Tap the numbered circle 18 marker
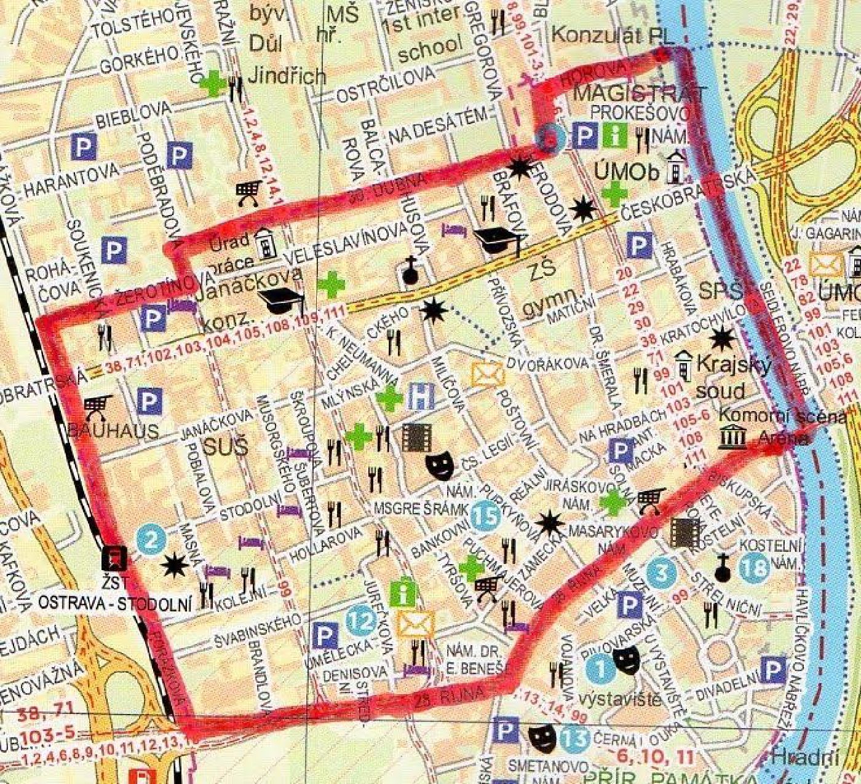[754, 568]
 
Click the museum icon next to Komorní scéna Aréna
[732, 439]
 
